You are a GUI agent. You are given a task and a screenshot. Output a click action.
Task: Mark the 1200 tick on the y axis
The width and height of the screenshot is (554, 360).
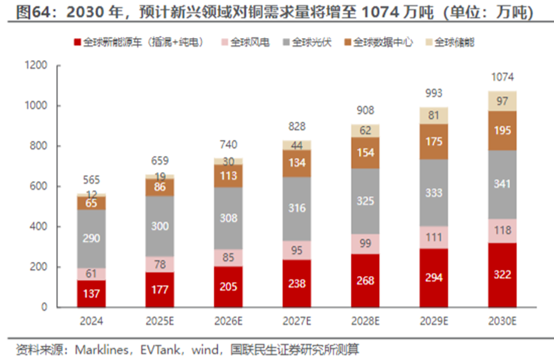36,66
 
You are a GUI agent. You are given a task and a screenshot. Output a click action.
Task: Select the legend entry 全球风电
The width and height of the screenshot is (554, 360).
243,43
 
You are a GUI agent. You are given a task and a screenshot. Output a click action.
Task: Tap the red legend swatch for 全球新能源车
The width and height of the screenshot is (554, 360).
77,43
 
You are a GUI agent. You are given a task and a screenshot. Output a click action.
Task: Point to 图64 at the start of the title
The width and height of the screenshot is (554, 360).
19,12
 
